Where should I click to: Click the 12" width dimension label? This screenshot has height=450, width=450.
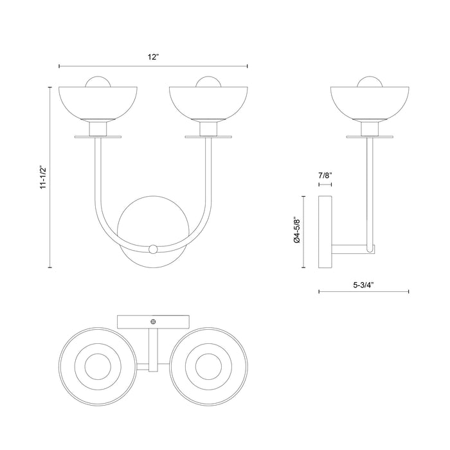click(x=153, y=57)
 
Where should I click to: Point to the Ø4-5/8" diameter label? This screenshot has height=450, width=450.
click(x=296, y=229)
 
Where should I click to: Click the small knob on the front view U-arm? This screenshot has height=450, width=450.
click(x=153, y=248)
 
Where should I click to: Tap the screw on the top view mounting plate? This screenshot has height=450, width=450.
click(x=153, y=321)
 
